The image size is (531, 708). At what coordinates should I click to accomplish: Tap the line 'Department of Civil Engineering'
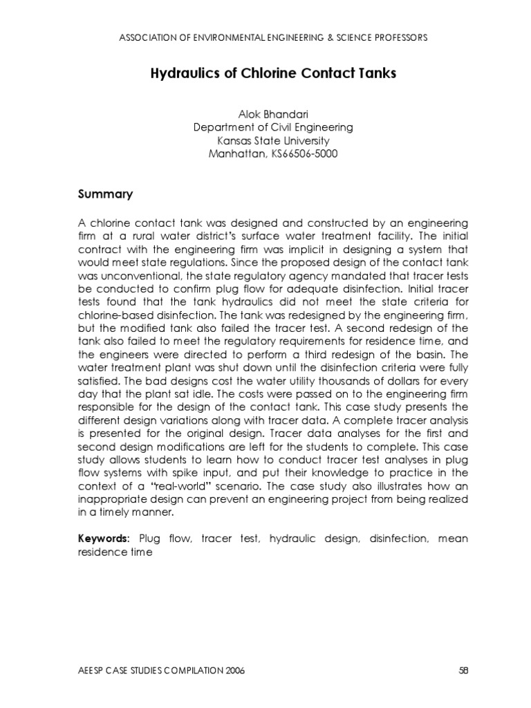[x=273, y=127]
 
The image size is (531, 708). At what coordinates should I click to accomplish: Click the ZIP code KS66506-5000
[x=302, y=153]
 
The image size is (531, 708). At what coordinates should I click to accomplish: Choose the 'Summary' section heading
[x=104, y=194]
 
